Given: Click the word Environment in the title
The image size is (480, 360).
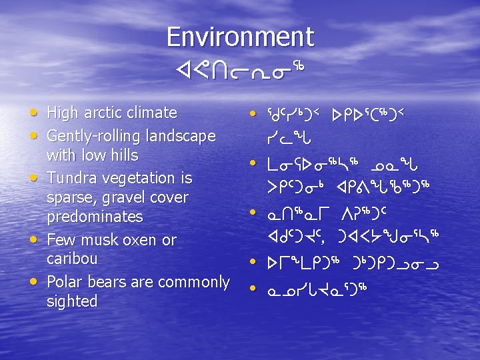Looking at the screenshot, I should coord(240,37).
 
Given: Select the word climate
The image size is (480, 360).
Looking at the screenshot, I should coord(153,113).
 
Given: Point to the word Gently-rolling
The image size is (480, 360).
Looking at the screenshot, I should coord(93,136).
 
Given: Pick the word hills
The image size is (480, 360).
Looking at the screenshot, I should coord(123,155).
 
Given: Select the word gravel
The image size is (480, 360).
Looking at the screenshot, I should coord(124,197).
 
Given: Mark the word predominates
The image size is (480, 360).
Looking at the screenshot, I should coord(95,217).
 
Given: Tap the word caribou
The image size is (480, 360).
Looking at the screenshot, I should coord(72,259).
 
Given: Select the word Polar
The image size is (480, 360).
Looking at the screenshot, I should coord(65,281).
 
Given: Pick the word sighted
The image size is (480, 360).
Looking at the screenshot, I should coord(72,301).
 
